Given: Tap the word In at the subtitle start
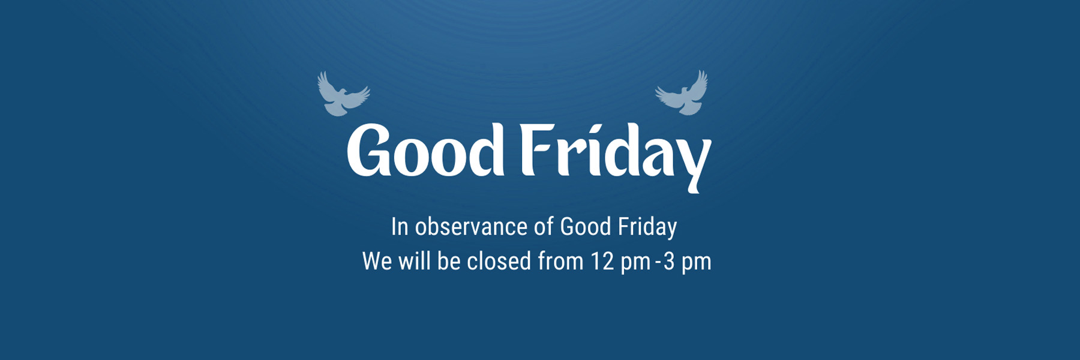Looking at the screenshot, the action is pos(400,227).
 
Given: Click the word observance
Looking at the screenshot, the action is pos(471,227).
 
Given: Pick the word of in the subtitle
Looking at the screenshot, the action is pos(544,226).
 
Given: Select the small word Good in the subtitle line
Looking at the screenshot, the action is pos(585,226).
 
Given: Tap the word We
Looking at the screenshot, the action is pos(377,262).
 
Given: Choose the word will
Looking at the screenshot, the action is pos(415,261).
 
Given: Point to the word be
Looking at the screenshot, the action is pos(449,261).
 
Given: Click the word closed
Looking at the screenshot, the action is pos(499,261).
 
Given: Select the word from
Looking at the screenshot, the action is pos(560,261).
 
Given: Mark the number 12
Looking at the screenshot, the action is pos(602,262).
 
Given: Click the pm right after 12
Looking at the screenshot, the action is pos(635,264).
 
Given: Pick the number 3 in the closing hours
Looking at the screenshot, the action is pos(669,262).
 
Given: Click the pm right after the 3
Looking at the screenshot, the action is pos(696,264).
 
